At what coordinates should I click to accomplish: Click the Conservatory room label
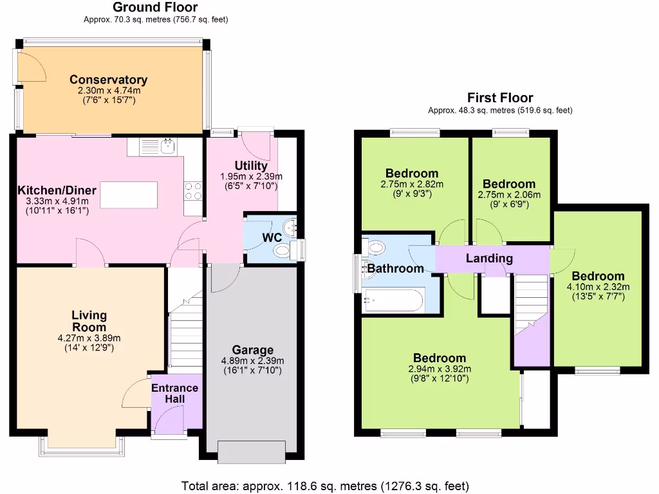pyautogui.click(x=108, y=80)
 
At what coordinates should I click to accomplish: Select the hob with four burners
pyautogui.click(x=193, y=190)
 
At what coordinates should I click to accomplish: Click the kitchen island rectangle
pyautogui.click(x=129, y=195)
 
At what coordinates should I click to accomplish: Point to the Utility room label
pyautogui.click(x=252, y=166)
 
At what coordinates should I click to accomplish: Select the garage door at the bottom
pyautogui.click(x=252, y=452)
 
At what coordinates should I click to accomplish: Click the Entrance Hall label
pyautogui.click(x=174, y=394)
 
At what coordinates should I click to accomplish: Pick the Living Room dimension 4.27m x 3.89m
pyautogui.click(x=89, y=338)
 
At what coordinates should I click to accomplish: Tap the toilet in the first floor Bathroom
pyautogui.click(x=375, y=247)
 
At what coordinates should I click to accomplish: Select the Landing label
pyautogui.click(x=489, y=259)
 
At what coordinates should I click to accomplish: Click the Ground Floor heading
pyautogui.click(x=155, y=7)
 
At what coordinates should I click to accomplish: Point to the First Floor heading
pyautogui.click(x=500, y=98)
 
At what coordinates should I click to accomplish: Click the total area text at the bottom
pyautogui.click(x=325, y=485)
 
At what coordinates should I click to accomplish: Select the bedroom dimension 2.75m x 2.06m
pyautogui.click(x=509, y=195)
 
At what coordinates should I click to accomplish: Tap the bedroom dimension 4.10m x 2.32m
pyautogui.click(x=598, y=287)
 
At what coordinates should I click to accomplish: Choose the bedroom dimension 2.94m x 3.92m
pyautogui.click(x=440, y=369)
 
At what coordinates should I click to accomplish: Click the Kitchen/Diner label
pyautogui.click(x=57, y=190)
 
